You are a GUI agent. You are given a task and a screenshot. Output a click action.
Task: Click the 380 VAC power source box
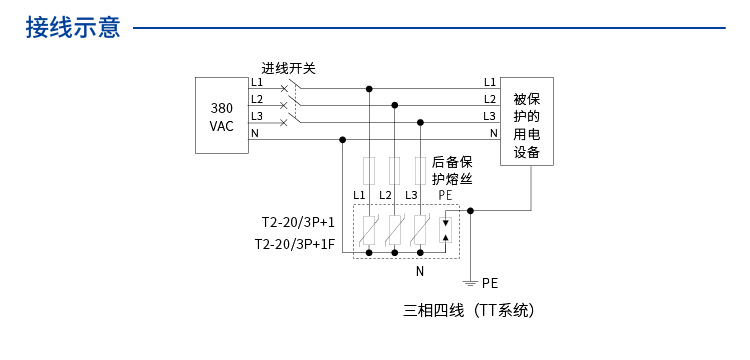[x=221, y=117]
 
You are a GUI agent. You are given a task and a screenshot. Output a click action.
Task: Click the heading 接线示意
[x=73, y=28]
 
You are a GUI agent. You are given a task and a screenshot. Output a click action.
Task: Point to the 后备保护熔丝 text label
[x=452, y=170]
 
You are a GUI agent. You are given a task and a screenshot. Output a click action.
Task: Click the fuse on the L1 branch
[x=370, y=167]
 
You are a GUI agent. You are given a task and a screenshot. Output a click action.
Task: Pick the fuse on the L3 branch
[x=419, y=167]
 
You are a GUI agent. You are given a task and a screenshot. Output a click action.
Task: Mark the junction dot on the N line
[x=343, y=139]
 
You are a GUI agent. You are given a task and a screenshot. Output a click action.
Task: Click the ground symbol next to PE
[x=470, y=284]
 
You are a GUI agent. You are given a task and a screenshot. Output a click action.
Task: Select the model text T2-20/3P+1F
[x=294, y=244]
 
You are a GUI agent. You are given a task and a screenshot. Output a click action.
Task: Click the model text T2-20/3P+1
[x=298, y=222]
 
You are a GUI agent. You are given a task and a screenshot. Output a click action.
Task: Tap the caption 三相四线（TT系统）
[x=469, y=310]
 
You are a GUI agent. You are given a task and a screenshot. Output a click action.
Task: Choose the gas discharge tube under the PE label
[x=446, y=229]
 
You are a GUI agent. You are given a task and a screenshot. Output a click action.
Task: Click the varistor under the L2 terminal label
[x=395, y=230]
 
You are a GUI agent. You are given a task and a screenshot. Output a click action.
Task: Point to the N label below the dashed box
[x=420, y=271]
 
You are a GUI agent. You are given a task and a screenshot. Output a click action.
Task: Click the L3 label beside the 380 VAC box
[x=257, y=116]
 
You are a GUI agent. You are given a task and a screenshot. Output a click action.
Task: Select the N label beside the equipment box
[x=493, y=133]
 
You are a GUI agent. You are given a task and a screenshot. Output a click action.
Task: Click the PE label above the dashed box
[x=445, y=194]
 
